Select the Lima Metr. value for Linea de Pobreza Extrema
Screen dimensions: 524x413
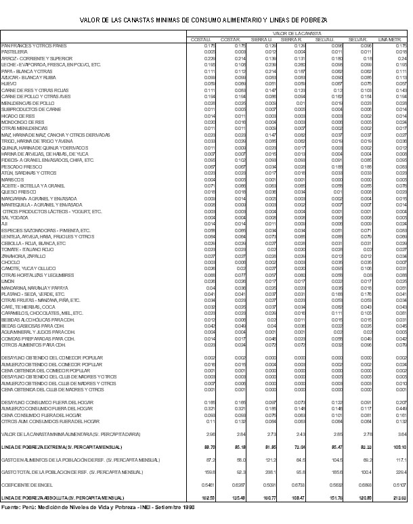coord(399,447)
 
